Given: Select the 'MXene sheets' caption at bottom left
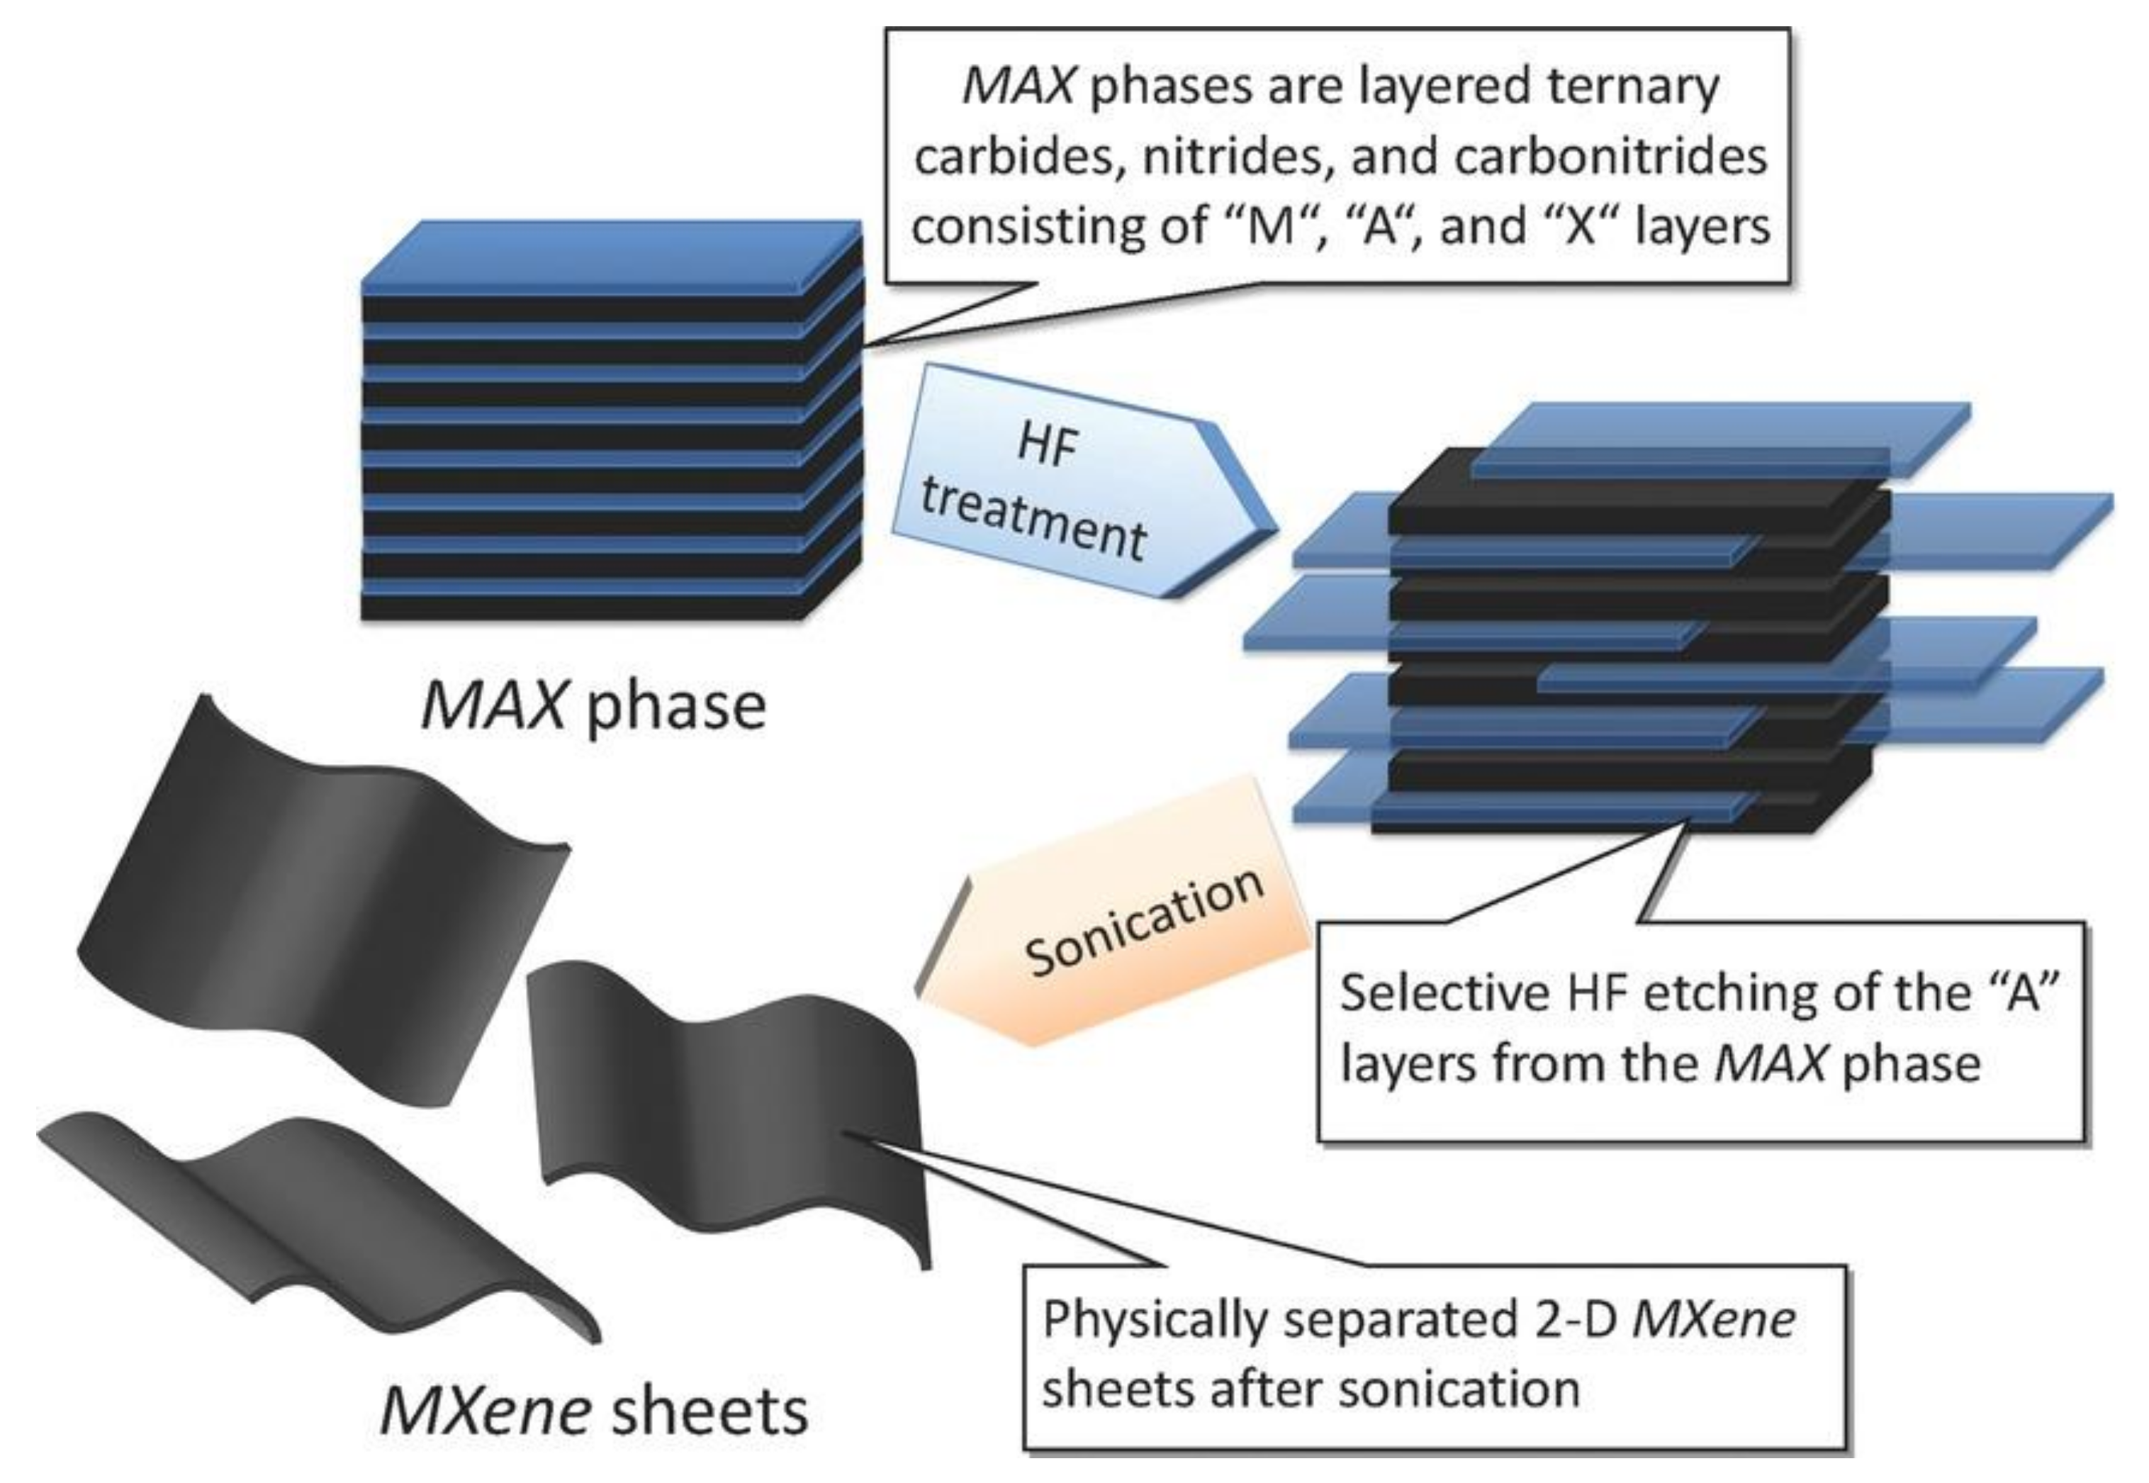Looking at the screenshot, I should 595,1412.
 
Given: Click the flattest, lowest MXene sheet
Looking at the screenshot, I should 316,1217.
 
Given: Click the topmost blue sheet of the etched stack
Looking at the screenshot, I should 1719,437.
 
